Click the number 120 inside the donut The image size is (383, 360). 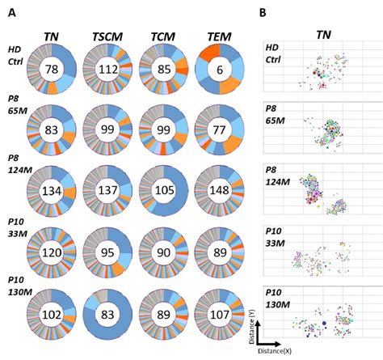(53, 252)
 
